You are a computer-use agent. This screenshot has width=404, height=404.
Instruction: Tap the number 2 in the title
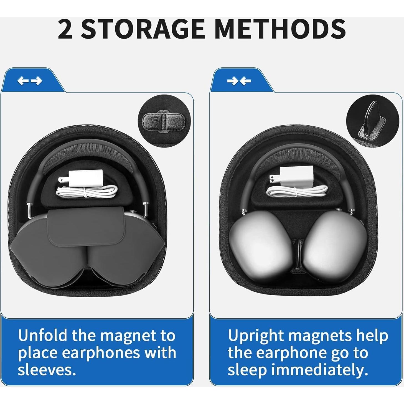coord(65,29)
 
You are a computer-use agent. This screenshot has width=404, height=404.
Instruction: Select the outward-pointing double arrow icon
coord(30,81)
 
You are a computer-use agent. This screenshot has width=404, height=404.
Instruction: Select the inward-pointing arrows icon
coord(239,81)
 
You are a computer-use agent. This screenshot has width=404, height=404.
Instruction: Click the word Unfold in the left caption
coord(43,335)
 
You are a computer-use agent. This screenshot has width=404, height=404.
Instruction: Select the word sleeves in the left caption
coord(47,370)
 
